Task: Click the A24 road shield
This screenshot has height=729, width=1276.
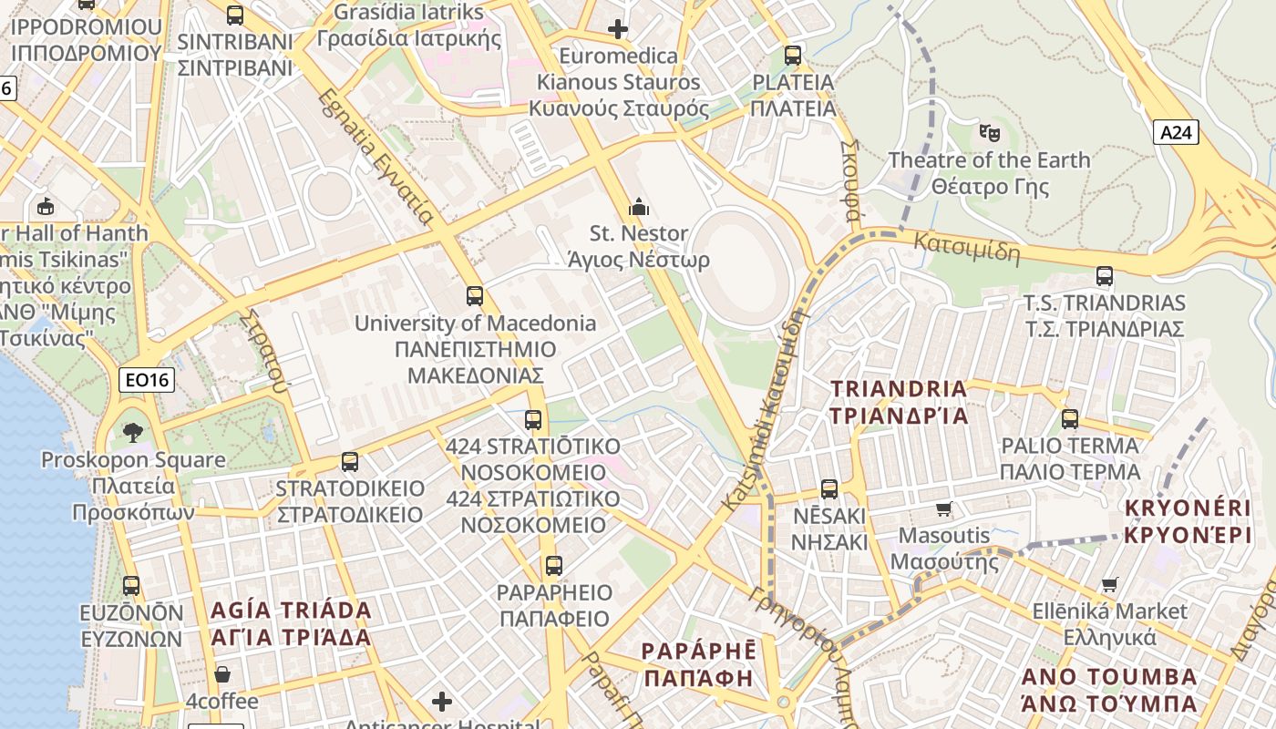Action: (x=1176, y=133)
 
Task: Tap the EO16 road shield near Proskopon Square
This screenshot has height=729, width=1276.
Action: (x=146, y=380)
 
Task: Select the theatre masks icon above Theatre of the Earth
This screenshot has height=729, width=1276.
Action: (x=990, y=133)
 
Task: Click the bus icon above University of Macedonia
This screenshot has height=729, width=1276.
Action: (x=475, y=296)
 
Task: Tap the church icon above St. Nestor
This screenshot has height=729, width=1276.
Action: (x=639, y=207)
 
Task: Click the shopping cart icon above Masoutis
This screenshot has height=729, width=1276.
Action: (x=943, y=508)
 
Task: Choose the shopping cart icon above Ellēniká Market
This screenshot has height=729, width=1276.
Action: (x=1109, y=584)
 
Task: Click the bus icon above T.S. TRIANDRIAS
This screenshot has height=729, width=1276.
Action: (x=1105, y=276)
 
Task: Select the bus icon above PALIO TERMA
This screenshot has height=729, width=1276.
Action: (x=1070, y=419)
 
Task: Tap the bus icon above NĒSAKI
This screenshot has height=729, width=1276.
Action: (x=829, y=489)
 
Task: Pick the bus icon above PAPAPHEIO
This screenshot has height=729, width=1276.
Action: (x=553, y=566)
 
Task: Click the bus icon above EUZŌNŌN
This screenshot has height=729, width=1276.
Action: (x=131, y=586)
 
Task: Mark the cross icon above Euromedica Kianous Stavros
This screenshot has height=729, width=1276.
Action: (x=618, y=29)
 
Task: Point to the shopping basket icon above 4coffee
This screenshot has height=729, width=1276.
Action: (x=222, y=675)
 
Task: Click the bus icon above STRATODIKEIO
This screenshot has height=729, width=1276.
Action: (x=350, y=462)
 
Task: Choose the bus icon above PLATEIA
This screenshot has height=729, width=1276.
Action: (x=793, y=56)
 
